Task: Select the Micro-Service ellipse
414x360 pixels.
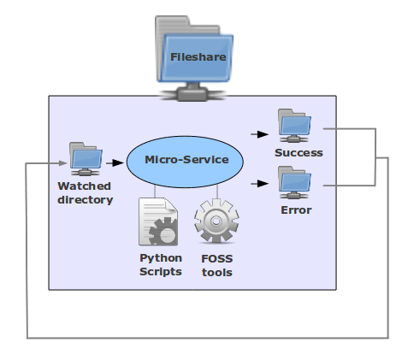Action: tap(185, 160)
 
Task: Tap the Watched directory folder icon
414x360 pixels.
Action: tap(86, 158)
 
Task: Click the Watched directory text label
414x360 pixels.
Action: tap(85, 192)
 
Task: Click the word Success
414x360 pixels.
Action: tap(299, 153)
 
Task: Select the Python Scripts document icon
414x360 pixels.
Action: tap(158, 222)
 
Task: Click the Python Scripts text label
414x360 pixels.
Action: tap(161, 264)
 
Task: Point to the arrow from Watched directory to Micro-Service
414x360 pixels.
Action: tap(114, 160)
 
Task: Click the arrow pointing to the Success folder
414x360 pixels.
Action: tap(259, 134)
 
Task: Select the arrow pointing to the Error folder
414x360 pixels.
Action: tap(259, 183)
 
